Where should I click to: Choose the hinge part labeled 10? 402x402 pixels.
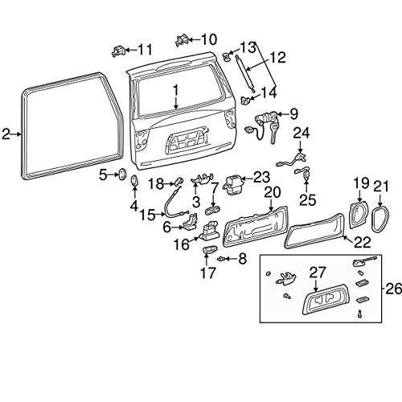click(x=181, y=39)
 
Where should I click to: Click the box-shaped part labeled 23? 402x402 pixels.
click(x=234, y=183)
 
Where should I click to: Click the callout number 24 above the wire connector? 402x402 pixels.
click(x=301, y=131)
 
